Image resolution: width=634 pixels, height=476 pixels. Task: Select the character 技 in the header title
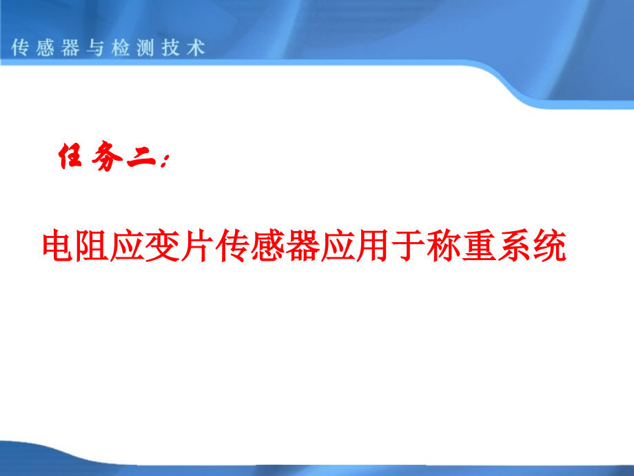[x=172, y=48]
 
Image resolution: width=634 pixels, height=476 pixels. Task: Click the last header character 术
[x=198, y=48]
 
